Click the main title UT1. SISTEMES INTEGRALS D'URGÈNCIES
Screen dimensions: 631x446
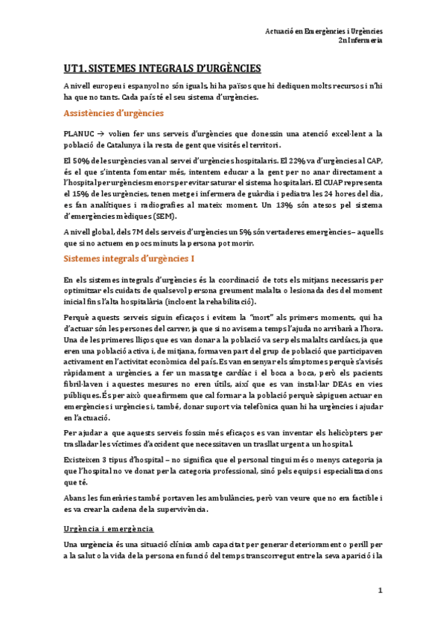click(x=162, y=68)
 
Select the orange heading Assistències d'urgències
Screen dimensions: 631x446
click(x=114, y=113)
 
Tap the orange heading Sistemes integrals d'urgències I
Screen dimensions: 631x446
click(x=130, y=259)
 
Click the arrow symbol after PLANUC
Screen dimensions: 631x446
click(x=106, y=133)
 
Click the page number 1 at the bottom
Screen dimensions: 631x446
click(x=380, y=591)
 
